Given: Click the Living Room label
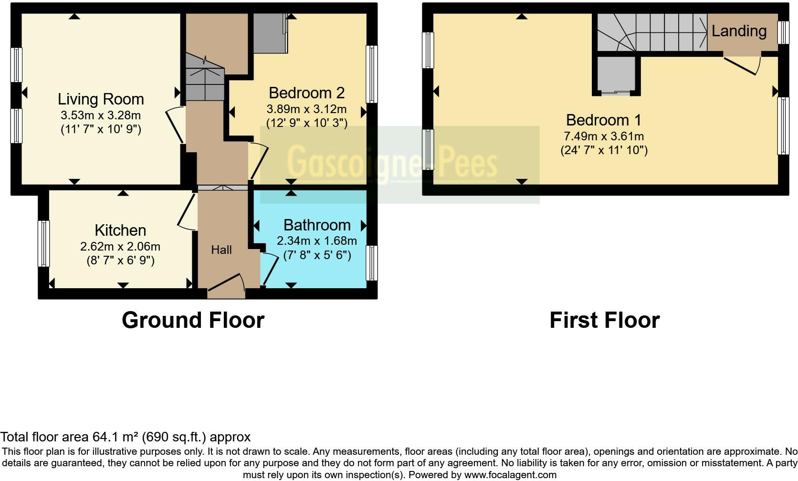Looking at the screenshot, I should point(101,99).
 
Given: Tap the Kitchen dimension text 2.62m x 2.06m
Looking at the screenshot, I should point(120,247).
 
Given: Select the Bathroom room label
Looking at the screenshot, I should point(317,225).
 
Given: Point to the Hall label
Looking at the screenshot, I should point(221,250).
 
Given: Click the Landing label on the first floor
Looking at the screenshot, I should point(739,31).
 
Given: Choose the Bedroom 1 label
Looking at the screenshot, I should point(604,120).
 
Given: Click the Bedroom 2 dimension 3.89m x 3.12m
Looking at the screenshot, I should point(307,109).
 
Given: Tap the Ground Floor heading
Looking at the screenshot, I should point(193,320).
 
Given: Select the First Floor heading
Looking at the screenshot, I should point(604,320).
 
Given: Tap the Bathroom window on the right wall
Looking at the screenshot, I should point(372,263).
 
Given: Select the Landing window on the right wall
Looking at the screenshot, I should point(783,32).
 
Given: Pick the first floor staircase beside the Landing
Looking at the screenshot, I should point(652,32).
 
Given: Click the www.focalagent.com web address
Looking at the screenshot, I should point(510,475).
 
